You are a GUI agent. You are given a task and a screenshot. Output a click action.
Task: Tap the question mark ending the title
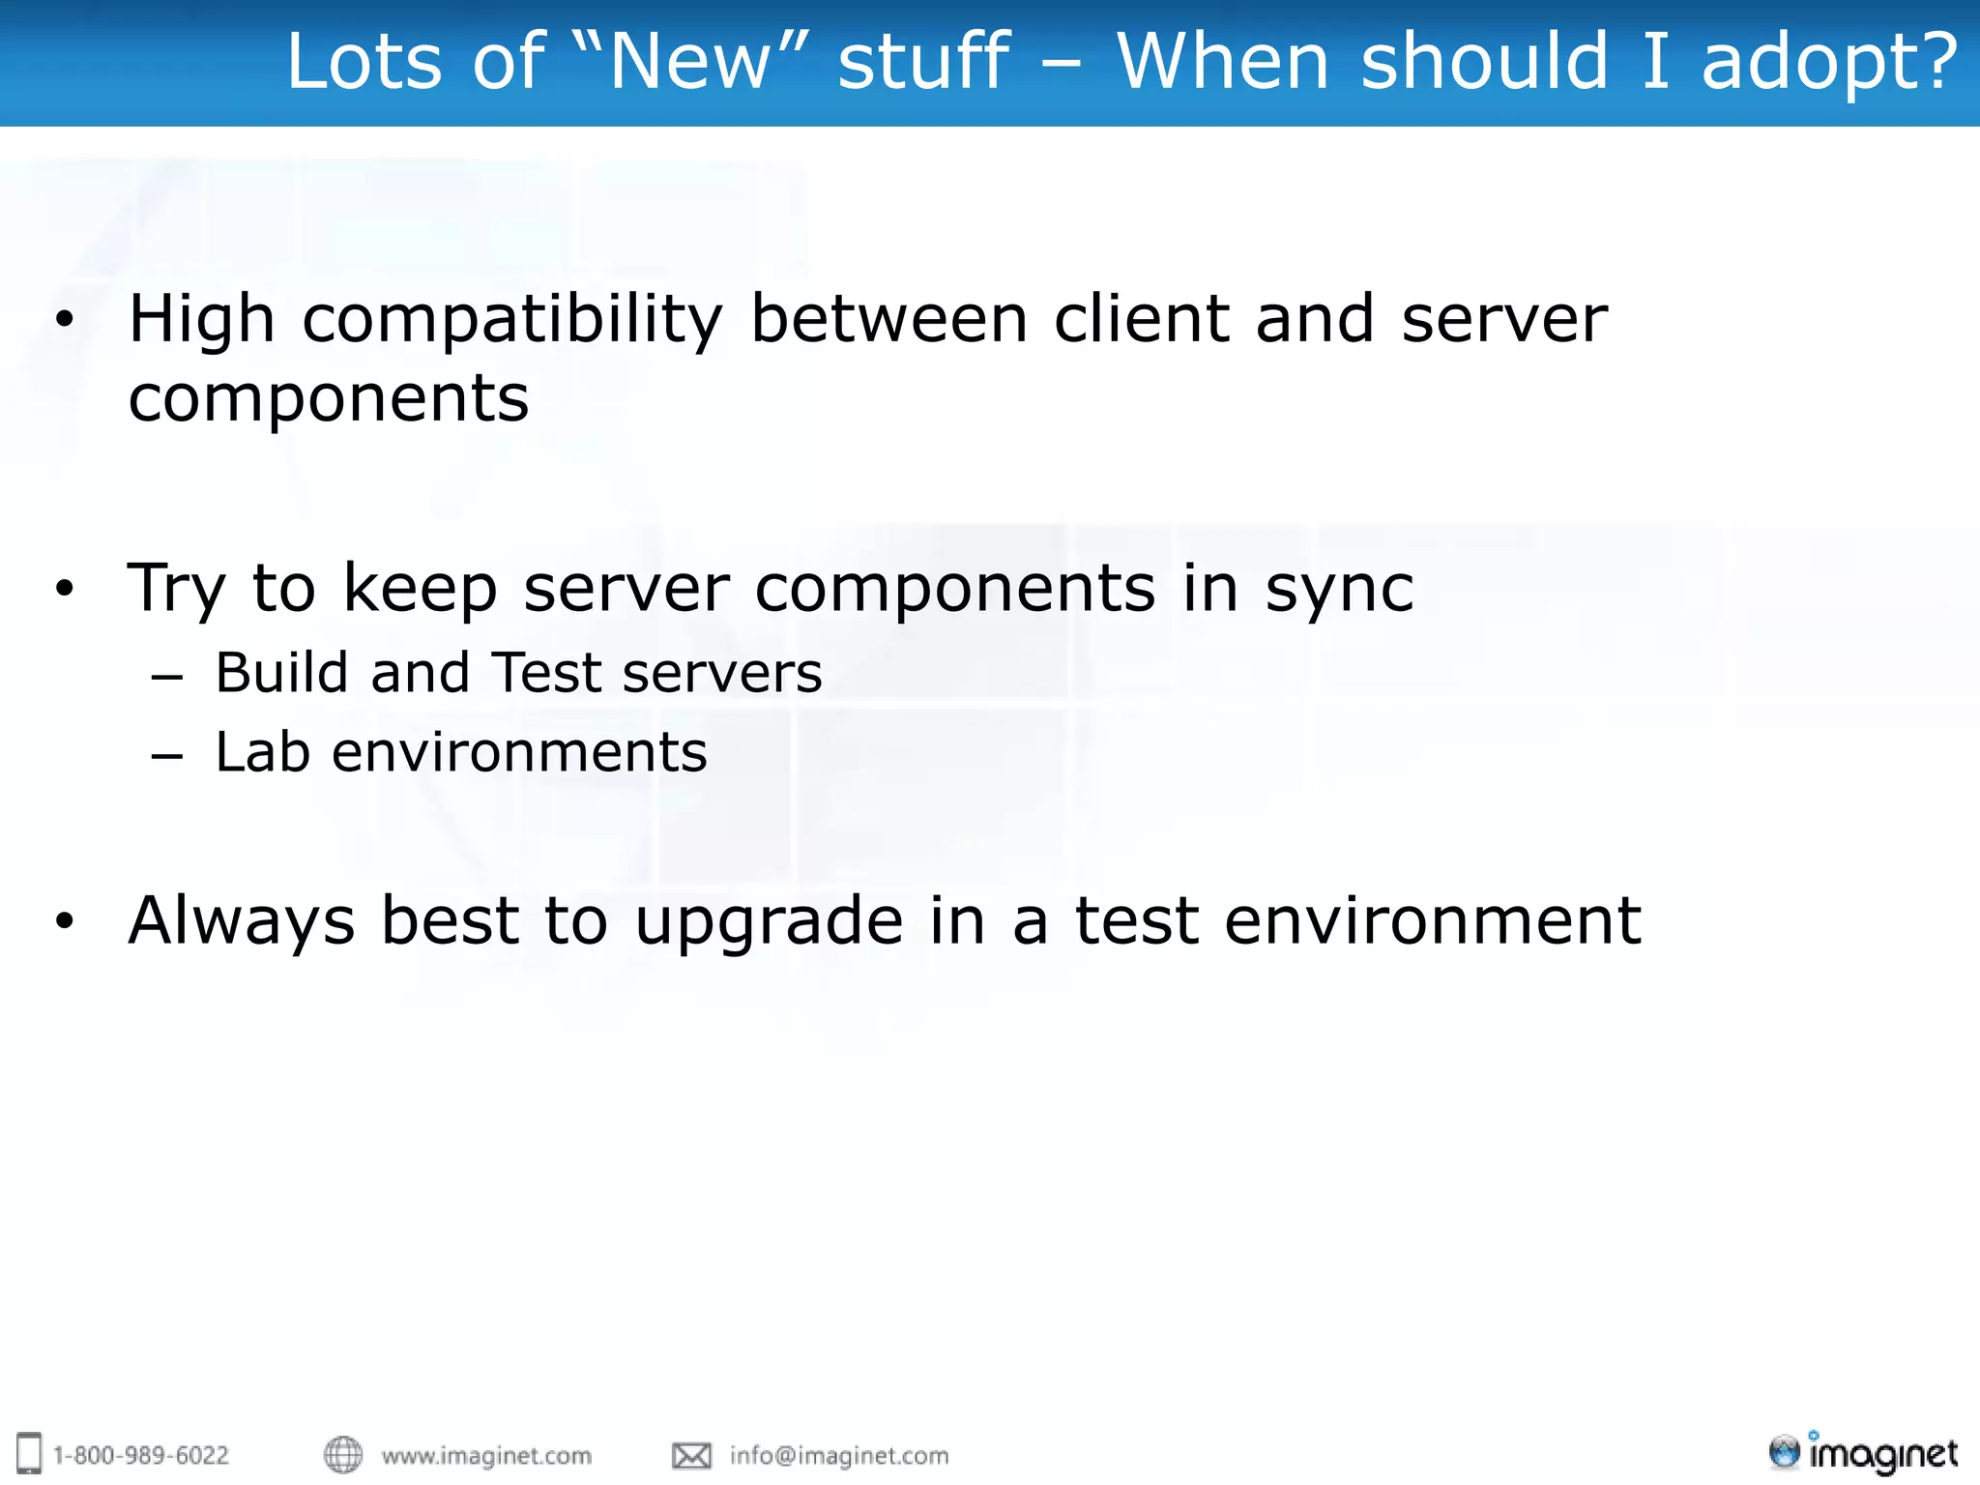point(1936,62)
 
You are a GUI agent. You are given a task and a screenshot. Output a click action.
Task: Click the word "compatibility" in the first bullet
point(512,321)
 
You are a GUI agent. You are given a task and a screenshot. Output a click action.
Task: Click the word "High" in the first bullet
point(201,321)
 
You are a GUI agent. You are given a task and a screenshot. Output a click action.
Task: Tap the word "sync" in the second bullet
point(1339,590)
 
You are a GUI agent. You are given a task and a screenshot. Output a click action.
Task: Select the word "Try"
point(176,590)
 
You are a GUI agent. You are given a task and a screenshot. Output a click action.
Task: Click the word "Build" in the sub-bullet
point(280,673)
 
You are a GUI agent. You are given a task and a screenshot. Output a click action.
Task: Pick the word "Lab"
point(262,752)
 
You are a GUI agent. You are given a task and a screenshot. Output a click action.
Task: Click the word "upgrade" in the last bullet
point(769,922)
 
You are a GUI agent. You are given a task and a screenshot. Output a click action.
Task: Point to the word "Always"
point(242,922)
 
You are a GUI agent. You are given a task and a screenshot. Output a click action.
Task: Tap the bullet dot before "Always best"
point(64,920)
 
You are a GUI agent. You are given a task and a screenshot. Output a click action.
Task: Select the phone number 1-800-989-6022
point(141,1456)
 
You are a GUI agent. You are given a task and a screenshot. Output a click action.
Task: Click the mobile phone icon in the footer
point(30,1454)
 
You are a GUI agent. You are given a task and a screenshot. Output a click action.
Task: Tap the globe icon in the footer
point(342,1455)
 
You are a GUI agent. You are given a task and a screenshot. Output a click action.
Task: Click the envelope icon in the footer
point(691,1456)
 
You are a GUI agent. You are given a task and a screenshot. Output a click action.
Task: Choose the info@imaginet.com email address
point(839,1456)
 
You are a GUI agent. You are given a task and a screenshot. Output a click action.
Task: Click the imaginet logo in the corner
point(1863,1453)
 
